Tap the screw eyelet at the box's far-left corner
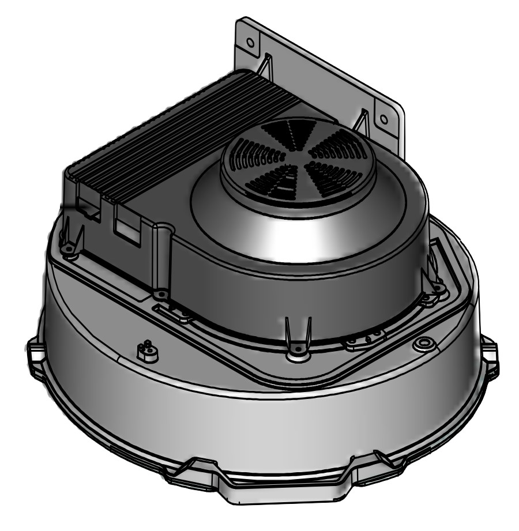click(70, 249)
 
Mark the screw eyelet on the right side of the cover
click(437, 286)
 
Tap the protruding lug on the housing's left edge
click(35, 352)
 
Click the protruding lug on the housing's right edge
click(489, 352)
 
